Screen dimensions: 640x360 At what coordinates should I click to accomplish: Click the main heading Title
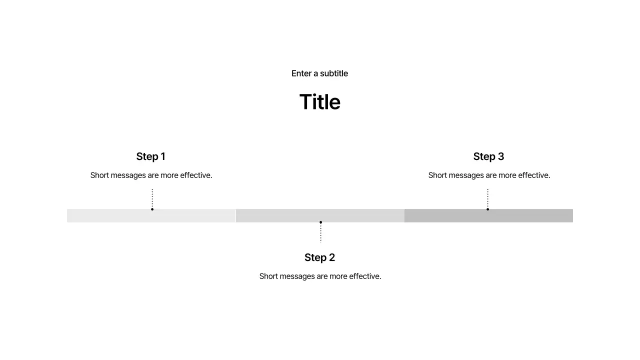click(319, 101)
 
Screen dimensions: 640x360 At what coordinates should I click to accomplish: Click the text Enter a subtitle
click(319, 73)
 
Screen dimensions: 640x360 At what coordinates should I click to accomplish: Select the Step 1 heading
click(151, 156)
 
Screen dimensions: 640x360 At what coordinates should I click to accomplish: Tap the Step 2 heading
click(319, 257)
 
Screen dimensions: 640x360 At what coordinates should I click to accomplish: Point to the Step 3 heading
click(488, 156)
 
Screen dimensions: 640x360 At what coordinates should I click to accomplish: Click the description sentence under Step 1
click(151, 175)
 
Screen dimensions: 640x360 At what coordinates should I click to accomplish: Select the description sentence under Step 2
click(320, 276)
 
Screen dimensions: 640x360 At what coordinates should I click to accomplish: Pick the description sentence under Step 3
click(489, 175)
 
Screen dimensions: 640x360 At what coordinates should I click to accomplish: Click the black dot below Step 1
click(152, 209)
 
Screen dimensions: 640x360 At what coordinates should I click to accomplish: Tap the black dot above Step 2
click(321, 222)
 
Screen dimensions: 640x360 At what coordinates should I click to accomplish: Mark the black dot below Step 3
click(487, 209)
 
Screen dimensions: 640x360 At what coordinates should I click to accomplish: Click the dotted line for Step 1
click(152, 198)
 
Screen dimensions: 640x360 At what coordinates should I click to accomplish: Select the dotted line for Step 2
click(321, 233)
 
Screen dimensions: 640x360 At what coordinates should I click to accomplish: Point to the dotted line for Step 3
click(487, 198)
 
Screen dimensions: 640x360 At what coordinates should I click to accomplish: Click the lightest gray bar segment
click(151, 215)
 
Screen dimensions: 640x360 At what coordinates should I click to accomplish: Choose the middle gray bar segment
click(320, 215)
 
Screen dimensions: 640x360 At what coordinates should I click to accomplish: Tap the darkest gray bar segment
click(488, 215)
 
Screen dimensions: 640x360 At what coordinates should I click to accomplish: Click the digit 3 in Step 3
click(501, 156)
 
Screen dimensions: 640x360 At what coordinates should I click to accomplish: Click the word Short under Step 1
click(99, 175)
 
